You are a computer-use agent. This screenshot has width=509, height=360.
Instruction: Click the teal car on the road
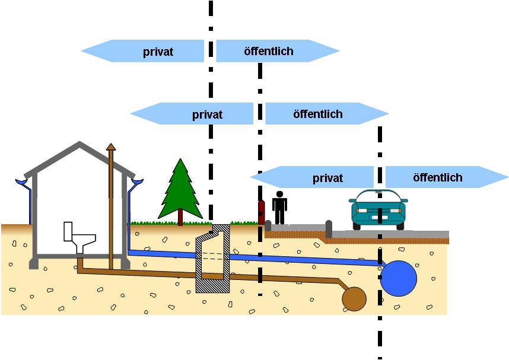[x=378, y=211]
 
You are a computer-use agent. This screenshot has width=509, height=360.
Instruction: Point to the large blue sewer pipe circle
[x=398, y=278]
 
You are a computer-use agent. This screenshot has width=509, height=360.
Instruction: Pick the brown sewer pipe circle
[x=354, y=299]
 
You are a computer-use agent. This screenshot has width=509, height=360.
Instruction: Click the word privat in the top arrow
[x=158, y=52]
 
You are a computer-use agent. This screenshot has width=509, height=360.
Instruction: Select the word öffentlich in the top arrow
[x=269, y=52]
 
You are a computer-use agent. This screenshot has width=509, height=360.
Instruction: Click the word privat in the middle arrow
[x=207, y=114]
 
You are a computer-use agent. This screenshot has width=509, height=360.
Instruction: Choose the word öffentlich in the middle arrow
[x=318, y=114]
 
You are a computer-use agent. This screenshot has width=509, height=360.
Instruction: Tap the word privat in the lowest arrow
[x=327, y=178]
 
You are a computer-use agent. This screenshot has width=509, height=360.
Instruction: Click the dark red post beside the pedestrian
[x=261, y=212]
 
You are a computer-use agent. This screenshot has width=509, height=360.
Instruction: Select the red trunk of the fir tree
[x=180, y=218]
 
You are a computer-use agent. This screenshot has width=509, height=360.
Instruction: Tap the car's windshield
[x=378, y=196]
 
